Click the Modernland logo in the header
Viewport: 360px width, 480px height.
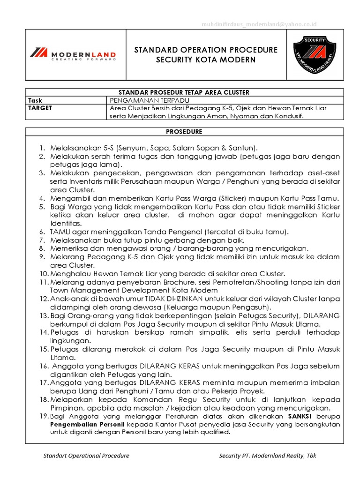pos(72,54)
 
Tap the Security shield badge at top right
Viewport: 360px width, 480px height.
pos(314,54)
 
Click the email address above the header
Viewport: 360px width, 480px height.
pos(259,23)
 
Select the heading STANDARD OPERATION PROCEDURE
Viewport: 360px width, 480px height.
pos(206,50)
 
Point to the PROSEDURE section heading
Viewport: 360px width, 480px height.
pos(183,132)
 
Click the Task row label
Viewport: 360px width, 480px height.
pos(35,100)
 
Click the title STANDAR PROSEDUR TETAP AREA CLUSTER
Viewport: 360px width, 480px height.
pos(183,92)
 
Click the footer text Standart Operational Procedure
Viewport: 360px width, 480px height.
pos(86,455)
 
